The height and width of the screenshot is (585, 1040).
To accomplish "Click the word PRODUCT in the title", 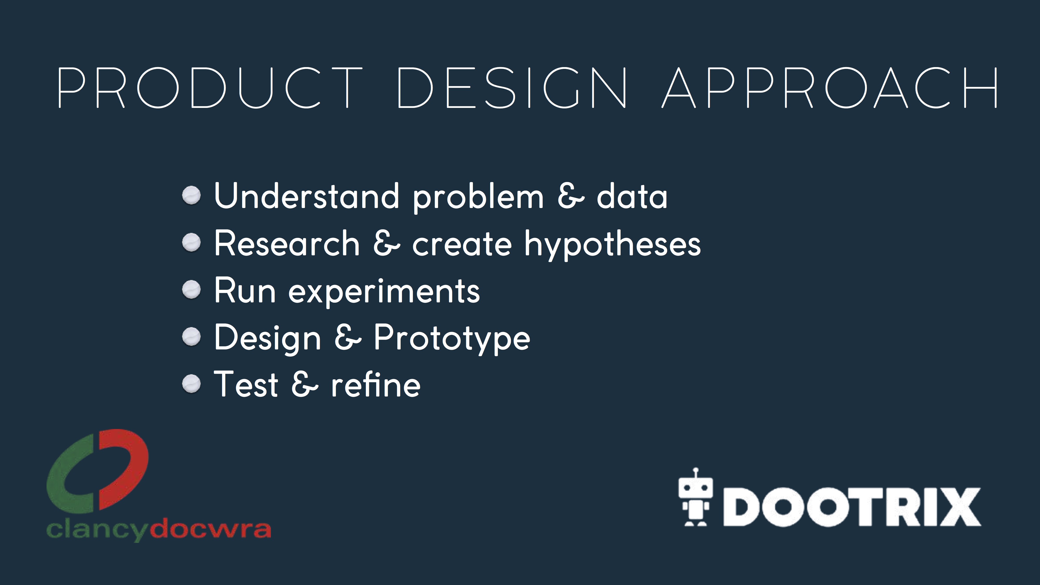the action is (210, 88).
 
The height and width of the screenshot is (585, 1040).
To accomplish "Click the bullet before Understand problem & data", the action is (191, 196).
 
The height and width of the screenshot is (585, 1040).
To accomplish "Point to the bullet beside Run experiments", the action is (191, 290).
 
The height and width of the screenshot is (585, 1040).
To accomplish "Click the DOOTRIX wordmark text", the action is (852, 507).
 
